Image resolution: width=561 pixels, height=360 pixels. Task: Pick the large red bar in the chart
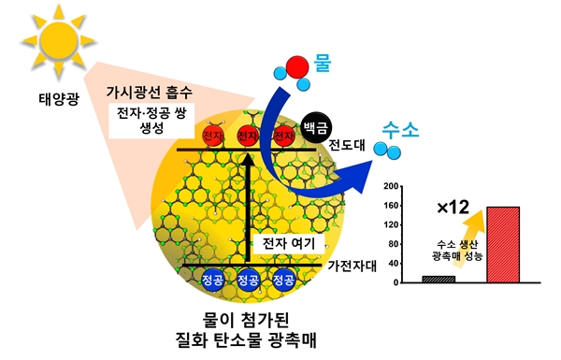[502, 244]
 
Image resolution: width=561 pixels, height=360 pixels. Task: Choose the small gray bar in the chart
[439, 279]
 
